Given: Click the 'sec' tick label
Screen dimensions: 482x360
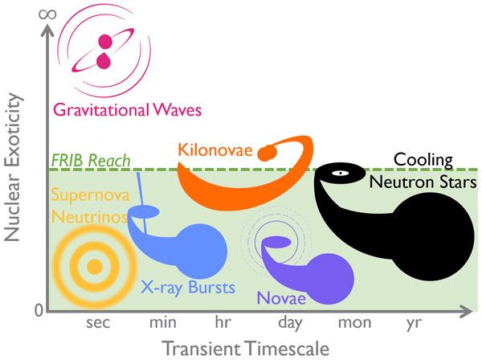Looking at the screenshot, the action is tap(98, 323).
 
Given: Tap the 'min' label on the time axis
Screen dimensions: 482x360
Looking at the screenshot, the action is tap(163, 322).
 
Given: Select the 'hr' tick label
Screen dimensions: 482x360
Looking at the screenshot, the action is tap(223, 322).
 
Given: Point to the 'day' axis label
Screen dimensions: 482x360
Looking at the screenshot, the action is tap(290, 323).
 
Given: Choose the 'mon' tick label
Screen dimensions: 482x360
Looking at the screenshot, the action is tap(355, 323).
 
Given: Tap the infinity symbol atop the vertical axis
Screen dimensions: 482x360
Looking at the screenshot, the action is tap(47, 14).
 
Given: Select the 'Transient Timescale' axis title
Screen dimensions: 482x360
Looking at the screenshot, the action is tap(245, 349).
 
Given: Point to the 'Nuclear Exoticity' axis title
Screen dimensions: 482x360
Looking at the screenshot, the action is tap(14, 167).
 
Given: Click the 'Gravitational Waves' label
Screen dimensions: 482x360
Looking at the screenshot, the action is tap(127, 110).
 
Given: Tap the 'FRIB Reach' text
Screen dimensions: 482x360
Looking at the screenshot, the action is tap(91, 161).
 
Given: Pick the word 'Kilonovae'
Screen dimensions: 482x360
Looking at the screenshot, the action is tap(215, 150).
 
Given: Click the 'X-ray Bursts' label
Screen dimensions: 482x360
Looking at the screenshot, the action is tap(188, 288).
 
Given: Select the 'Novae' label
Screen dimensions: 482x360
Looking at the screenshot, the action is tap(281, 298).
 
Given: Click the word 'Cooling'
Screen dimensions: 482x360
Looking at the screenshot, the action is tap(423, 161).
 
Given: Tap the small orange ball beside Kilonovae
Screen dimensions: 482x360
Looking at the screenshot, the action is tap(268, 153).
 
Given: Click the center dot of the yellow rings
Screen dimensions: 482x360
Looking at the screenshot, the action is tap(94, 267).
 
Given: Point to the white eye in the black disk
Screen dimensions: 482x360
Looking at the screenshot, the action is tap(340, 173).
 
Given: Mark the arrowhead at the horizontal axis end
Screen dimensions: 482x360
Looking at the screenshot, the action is tap(467, 312).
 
